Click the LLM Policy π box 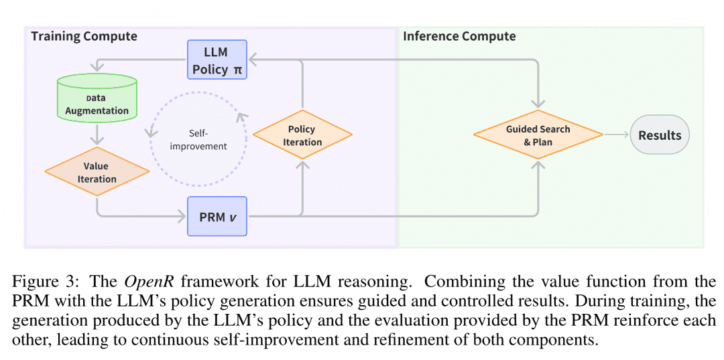[x=217, y=59]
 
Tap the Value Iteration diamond [x=97, y=172]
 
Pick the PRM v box [x=217, y=216]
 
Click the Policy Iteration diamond [x=302, y=135]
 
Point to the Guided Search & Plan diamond [x=538, y=135]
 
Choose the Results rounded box [x=660, y=135]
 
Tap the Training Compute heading [x=84, y=36]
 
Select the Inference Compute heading [x=459, y=36]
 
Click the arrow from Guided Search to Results [x=617, y=135]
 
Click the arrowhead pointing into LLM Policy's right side [x=251, y=59]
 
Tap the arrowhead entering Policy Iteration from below [x=302, y=164]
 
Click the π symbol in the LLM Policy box [x=237, y=70]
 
